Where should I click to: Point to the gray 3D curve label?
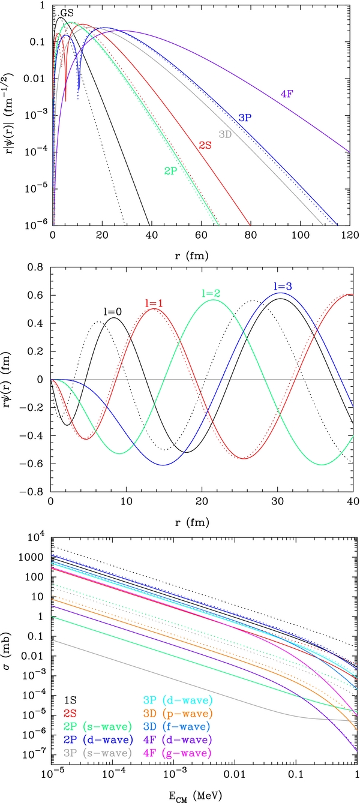225,134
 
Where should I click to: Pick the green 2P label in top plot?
172,171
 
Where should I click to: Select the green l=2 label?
211,293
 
